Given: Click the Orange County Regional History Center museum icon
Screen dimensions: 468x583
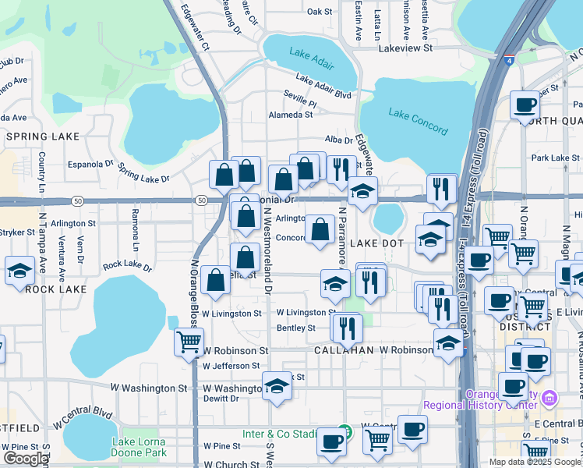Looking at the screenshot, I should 550,399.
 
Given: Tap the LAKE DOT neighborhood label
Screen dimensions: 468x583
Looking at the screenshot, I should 376,244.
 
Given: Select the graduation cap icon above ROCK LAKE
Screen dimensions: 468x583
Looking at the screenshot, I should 19,270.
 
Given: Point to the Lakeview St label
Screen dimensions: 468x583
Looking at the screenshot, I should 405,48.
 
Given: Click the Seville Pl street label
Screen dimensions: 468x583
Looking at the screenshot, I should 300,102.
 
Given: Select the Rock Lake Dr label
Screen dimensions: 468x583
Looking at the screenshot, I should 125,265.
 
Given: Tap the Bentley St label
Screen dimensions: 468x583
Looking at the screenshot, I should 295,328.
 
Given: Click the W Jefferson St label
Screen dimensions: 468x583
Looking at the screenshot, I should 231,366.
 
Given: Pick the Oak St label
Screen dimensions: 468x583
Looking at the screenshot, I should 320,12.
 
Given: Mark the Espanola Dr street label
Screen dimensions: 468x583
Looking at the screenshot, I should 90,165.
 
